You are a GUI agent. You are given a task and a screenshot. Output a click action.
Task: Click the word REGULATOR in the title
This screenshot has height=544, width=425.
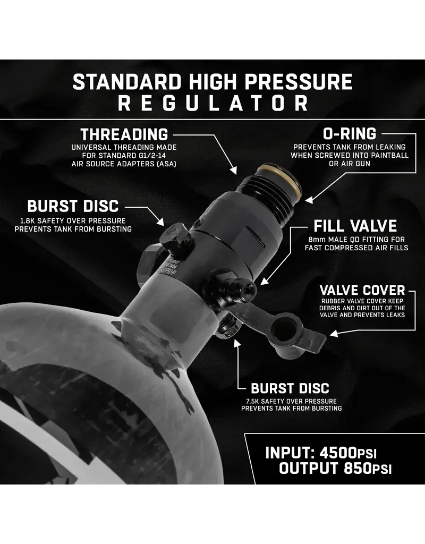[212, 103]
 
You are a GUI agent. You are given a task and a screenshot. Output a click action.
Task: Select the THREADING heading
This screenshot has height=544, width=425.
[124, 134]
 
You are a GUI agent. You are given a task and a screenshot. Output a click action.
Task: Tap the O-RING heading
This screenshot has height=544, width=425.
[350, 134]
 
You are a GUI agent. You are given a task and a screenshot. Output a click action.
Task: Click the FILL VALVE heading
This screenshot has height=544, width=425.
[355, 226]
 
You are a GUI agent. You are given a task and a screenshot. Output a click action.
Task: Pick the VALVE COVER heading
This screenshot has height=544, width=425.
[362, 291]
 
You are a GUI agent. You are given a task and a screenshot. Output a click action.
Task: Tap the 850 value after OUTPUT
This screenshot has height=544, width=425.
[358, 469]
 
